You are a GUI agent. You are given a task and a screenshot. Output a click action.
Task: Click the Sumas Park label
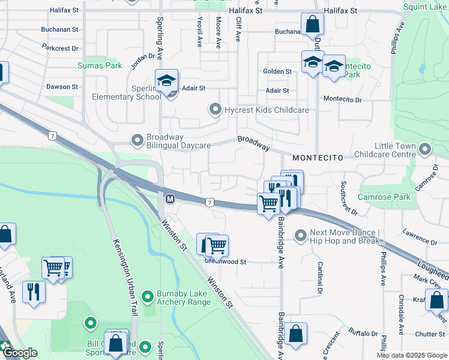coord(99,65)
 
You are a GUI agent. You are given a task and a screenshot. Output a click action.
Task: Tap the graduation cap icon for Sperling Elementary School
coord(167,80)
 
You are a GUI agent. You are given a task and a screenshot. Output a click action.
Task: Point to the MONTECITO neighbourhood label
coord(318,157)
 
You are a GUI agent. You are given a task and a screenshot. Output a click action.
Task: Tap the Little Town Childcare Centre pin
coord(425,148)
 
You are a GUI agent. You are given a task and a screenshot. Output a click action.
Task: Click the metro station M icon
coord(170,198)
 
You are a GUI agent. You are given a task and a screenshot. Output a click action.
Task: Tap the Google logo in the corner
coord(19,353)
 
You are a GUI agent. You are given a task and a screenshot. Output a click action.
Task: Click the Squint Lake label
coord(426,7)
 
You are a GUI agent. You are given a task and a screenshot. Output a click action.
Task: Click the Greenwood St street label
coord(226,262)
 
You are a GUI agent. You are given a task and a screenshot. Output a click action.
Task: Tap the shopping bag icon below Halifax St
coord(313,25)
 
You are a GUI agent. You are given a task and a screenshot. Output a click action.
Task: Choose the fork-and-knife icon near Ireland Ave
coord(33,292)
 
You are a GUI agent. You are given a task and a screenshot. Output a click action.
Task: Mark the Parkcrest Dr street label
coord(61,48)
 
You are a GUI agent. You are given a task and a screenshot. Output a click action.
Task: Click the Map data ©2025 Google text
coord(411,355)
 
